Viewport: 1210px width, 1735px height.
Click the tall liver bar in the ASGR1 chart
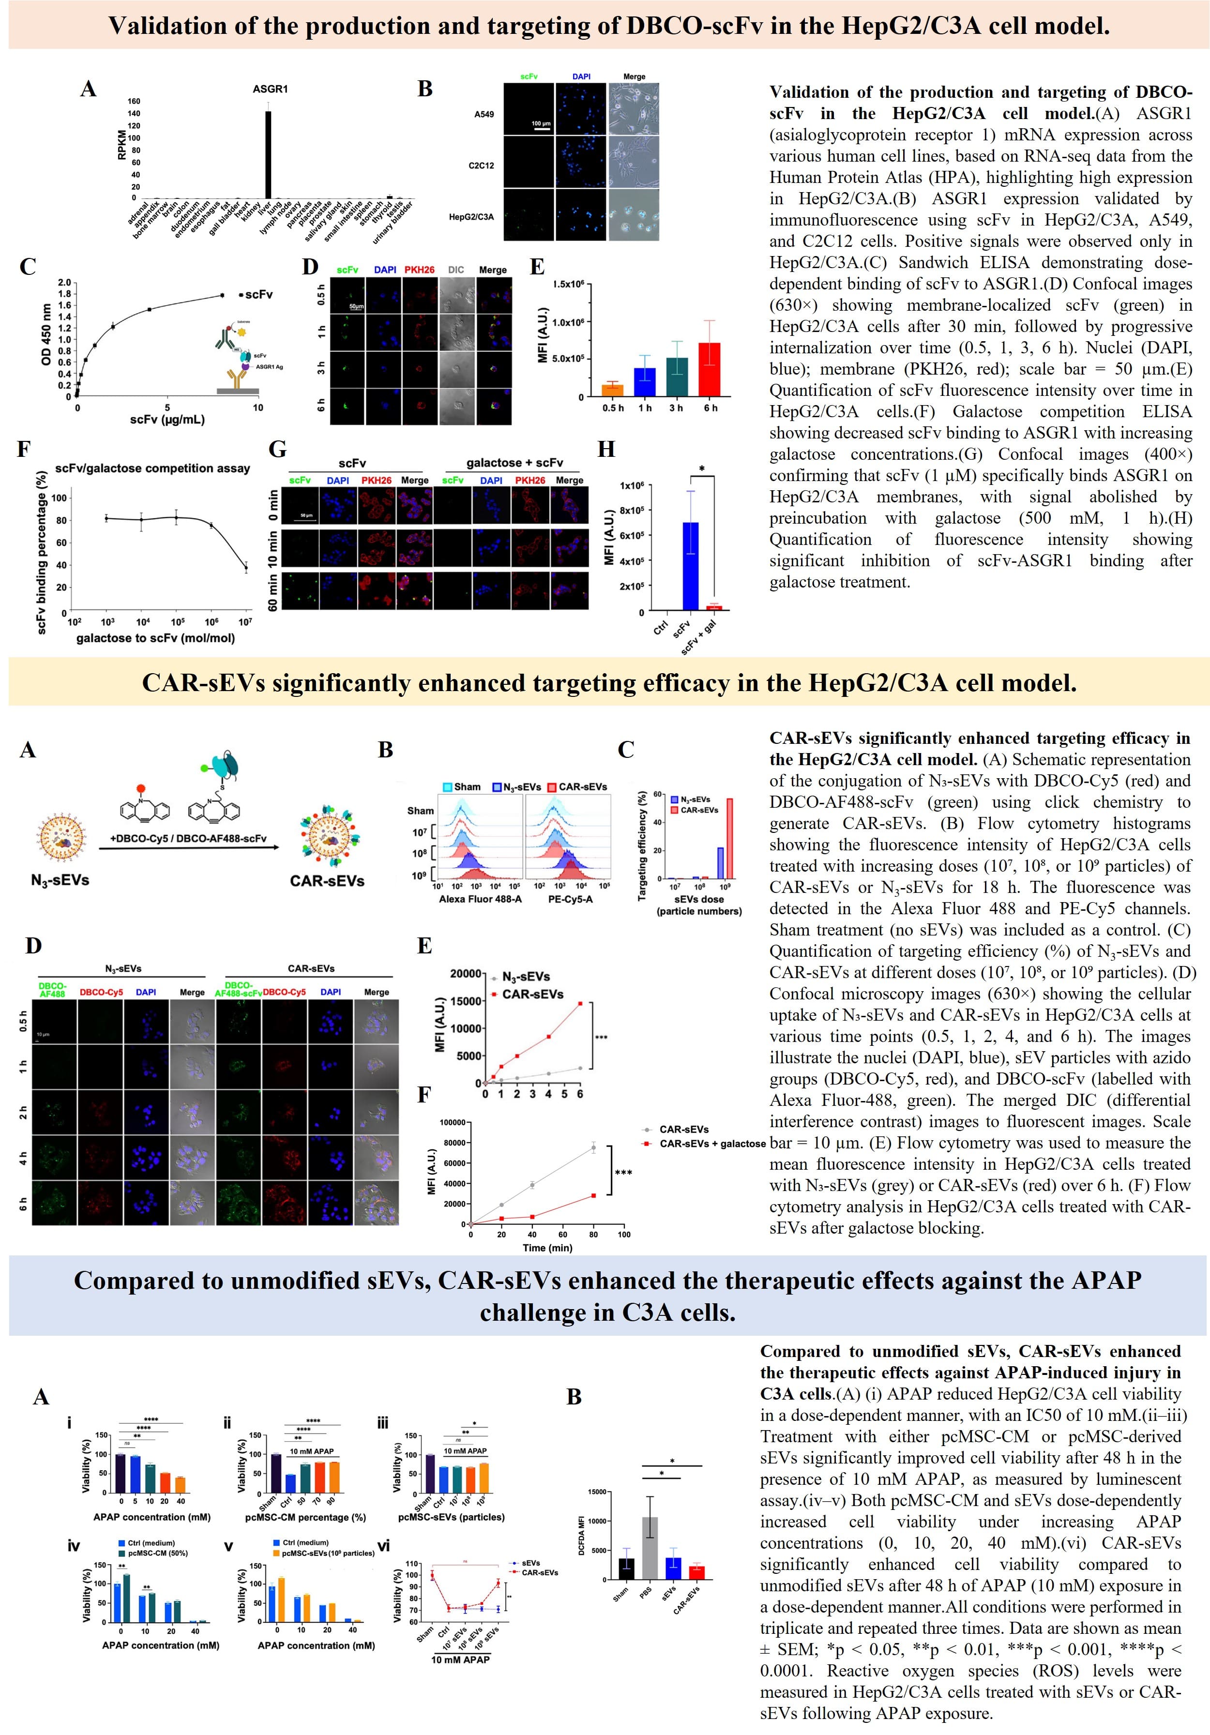[x=268, y=155]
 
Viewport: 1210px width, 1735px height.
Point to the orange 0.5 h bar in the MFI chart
[x=612, y=390]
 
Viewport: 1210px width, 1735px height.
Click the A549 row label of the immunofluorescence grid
[x=484, y=115]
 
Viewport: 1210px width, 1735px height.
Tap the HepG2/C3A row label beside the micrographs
[x=471, y=217]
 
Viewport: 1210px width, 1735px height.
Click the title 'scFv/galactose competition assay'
[x=152, y=468]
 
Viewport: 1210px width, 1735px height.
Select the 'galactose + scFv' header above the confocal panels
[x=514, y=463]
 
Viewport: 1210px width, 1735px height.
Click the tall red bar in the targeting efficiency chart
[x=729, y=838]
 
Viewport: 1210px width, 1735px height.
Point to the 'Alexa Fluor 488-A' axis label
[x=480, y=899]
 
